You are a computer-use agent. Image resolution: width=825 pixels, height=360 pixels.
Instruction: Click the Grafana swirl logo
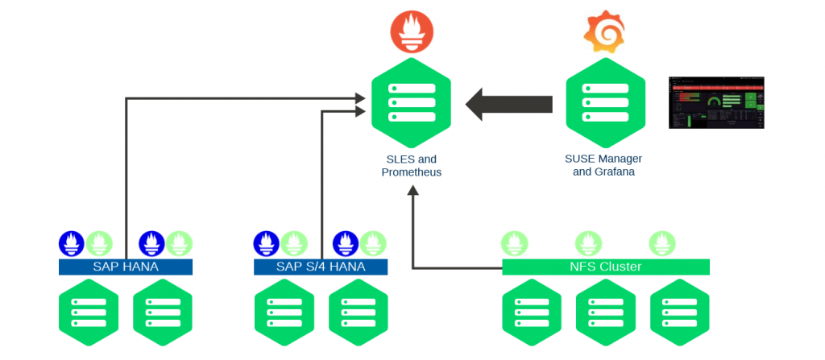[604, 30]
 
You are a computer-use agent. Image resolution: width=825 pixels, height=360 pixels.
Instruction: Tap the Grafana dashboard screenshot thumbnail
[715, 102]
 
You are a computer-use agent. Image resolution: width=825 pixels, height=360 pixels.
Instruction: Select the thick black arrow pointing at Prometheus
[510, 104]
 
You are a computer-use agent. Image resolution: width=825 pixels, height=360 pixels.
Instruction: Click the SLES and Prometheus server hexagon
[411, 103]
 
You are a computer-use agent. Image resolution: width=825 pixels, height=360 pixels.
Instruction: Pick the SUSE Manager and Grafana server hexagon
[604, 103]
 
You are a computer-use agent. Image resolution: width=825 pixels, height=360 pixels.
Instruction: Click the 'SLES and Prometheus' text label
[411, 166]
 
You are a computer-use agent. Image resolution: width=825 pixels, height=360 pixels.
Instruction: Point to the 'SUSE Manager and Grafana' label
[604, 165]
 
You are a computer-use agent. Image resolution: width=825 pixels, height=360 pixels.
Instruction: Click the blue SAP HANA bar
[126, 267]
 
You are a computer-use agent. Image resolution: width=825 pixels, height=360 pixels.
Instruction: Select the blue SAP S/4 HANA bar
[321, 267]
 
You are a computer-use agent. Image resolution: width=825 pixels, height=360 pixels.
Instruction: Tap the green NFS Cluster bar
[605, 267]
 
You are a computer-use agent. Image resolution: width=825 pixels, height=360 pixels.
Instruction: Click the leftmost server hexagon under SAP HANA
[88, 312]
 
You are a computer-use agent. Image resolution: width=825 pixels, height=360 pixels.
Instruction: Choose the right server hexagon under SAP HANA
[162, 312]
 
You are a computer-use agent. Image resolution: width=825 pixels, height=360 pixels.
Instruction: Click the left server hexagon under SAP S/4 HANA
[284, 312]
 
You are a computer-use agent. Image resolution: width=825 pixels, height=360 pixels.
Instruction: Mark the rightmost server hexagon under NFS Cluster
[678, 312]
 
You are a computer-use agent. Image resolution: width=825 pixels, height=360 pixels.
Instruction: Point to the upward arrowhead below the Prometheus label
[412, 191]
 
